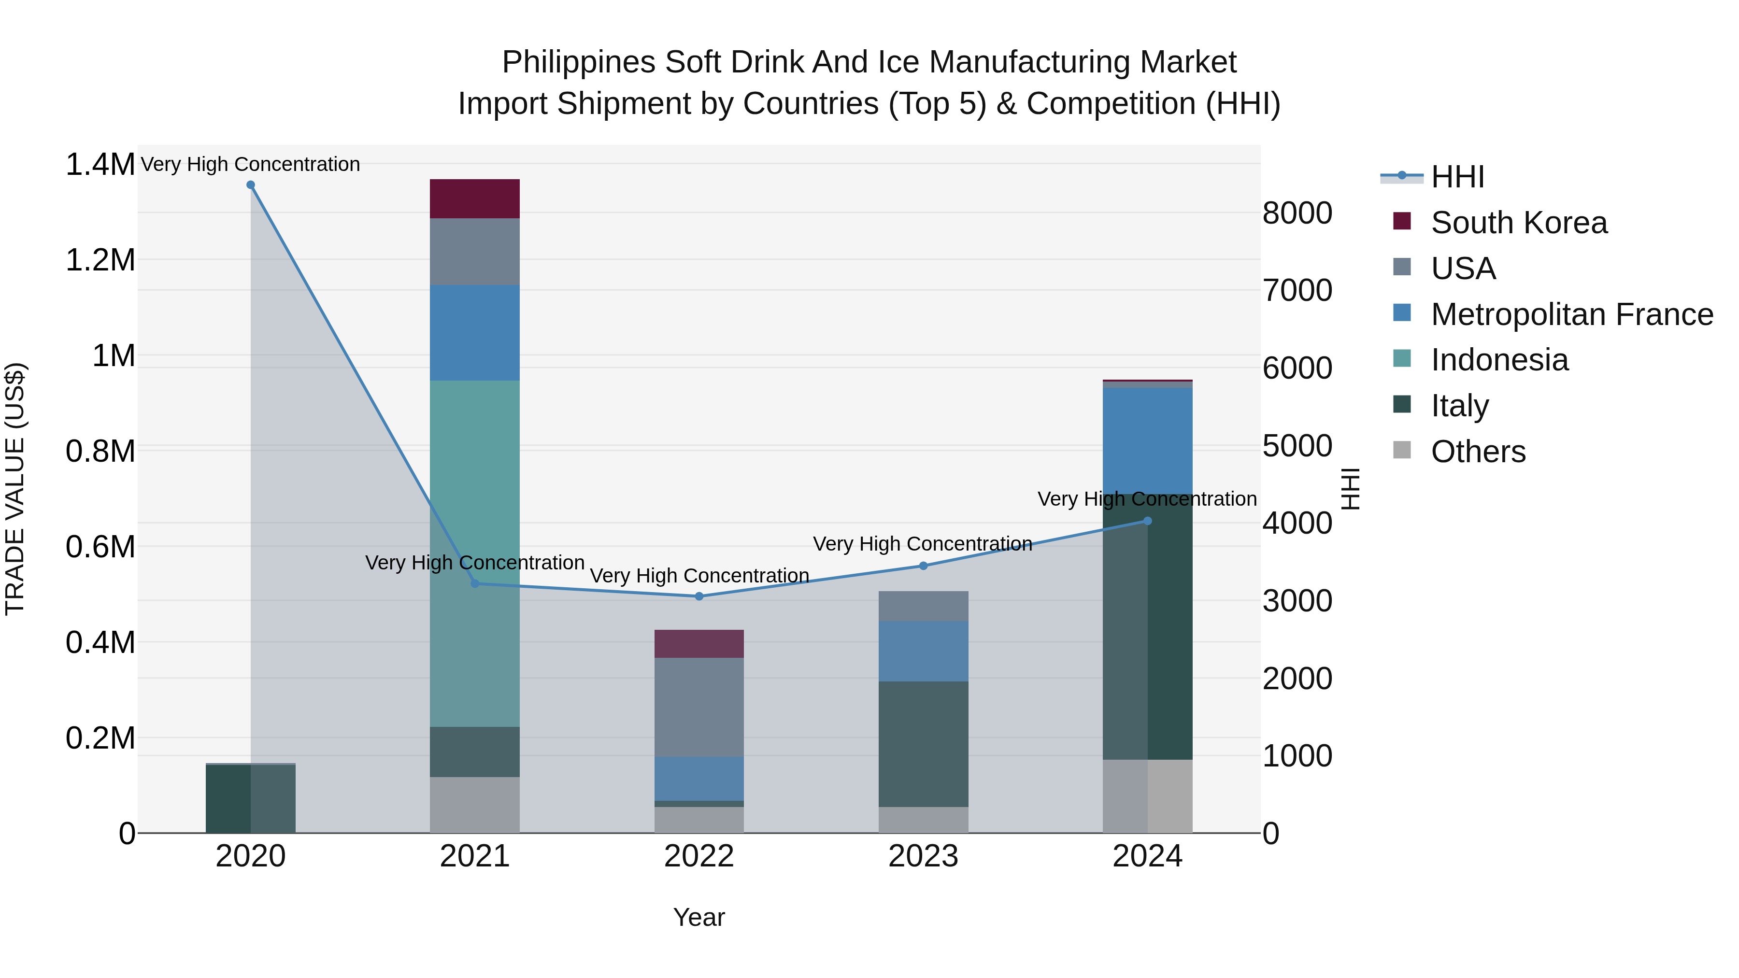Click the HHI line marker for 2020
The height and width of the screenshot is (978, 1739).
pos(250,185)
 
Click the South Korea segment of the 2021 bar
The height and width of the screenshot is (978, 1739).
pos(474,198)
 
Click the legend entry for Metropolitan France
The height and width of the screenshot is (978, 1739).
pos(1571,314)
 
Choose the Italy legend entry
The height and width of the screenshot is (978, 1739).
pos(1459,406)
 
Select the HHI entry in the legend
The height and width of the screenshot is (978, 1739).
pos(1457,177)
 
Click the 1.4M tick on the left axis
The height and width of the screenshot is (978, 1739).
pos(100,165)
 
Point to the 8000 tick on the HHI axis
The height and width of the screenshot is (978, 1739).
pos(1297,213)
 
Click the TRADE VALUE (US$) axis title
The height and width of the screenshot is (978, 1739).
pos(15,489)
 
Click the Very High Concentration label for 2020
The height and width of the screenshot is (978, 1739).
pos(250,164)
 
